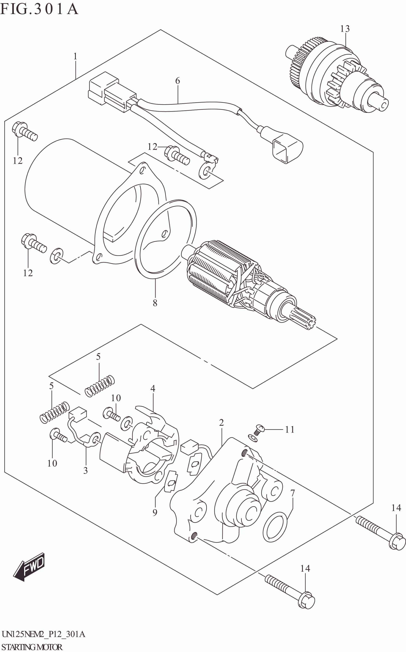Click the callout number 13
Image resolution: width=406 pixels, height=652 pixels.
pyautogui.click(x=345, y=29)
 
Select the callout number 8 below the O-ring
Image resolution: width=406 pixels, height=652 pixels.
pyautogui.click(x=155, y=303)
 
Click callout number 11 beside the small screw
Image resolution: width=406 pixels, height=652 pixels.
pyautogui.click(x=290, y=430)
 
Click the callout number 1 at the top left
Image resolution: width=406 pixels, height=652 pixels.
pyautogui.click(x=75, y=56)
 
